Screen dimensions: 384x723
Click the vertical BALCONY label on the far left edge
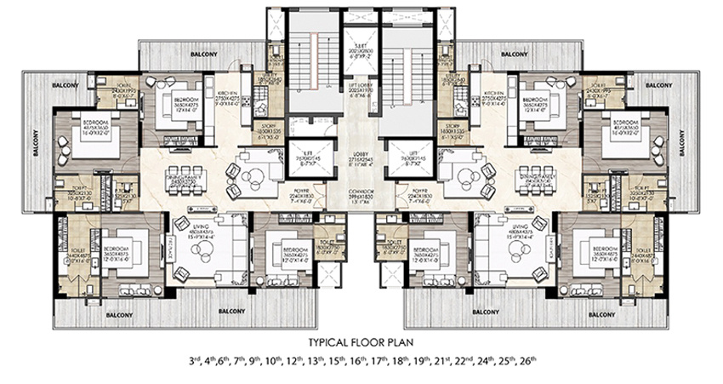pos(36,144)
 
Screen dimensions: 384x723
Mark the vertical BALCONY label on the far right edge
pos(687,144)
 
